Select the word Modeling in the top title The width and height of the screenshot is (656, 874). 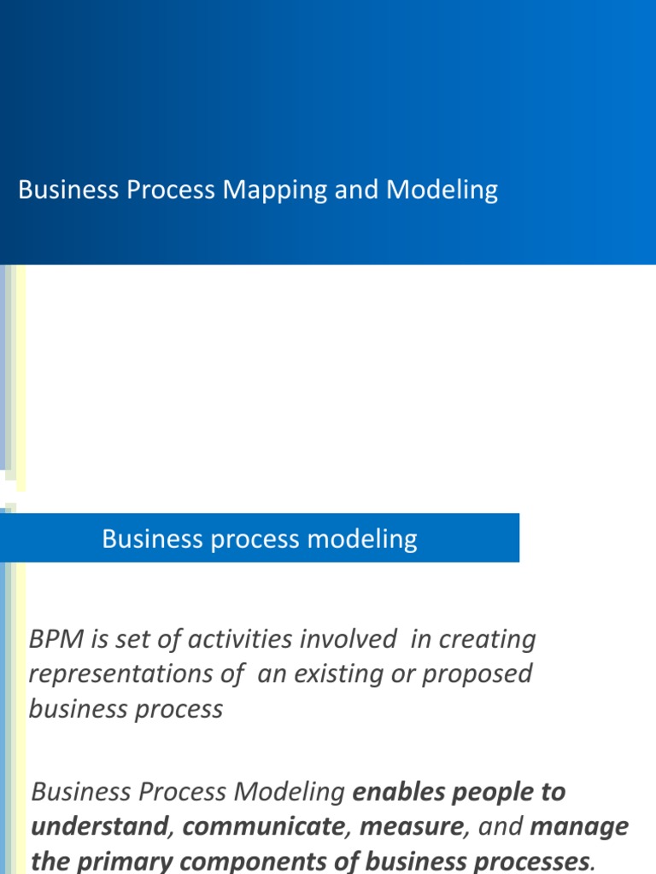click(442, 190)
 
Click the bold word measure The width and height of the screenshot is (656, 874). click(412, 827)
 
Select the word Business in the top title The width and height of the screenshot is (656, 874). click(68, 190)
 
